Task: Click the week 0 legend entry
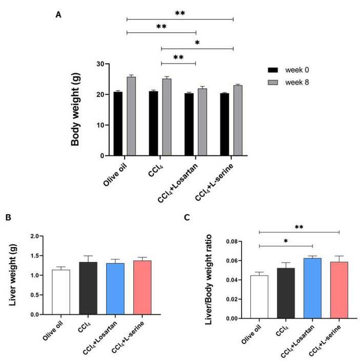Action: [x=288, y=70]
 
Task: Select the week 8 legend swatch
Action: [x=273, y=83]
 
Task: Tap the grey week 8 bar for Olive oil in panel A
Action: [x=131, y=116]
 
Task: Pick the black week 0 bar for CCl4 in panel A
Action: [x=153, y=124]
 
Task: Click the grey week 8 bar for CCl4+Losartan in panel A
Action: [x=203, y=122]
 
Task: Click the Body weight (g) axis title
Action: [x=75, y=109]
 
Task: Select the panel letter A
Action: [x=58, y=15]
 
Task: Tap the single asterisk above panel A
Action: [x=197, y=43]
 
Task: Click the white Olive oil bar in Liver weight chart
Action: [x=61, y=292]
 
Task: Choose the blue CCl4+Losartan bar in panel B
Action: [x=115, y=289]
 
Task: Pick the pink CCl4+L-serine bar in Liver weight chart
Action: [x=143, y=288]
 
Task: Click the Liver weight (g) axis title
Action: [x=12, y=275]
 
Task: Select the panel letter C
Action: [x=187, y=217]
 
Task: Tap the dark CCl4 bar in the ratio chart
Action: [x=286, y=293]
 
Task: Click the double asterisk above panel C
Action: [x=299, y=227]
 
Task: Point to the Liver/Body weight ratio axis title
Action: [x=209, y=279]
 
